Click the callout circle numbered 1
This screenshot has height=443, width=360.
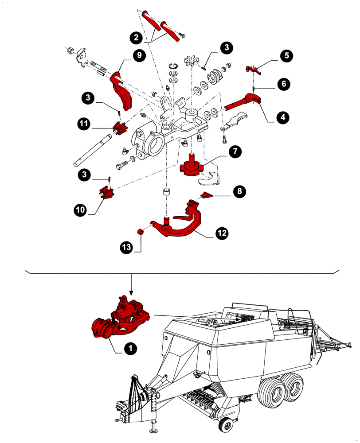tap(130, 349)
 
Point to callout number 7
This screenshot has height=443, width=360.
tap(235, 151)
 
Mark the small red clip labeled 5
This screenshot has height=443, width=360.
tap(252, 69)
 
